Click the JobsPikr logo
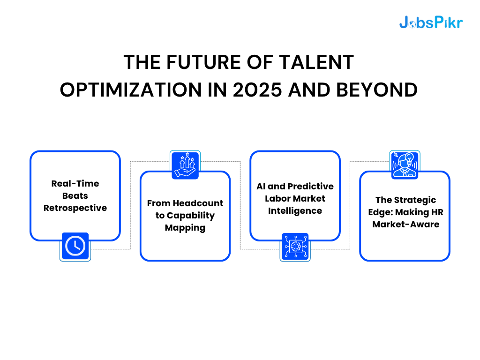click(430, 22)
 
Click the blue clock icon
click(75, 246)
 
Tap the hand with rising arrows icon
click(185, 165)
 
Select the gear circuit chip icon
click(295, 247)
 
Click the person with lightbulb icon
click(405, 165)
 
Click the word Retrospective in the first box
click(75, 208)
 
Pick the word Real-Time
click(75, 183)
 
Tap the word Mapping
click(185, 228)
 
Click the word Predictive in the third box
click(310, 187)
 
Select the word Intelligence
click(295, 211)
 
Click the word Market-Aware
click(405, 225)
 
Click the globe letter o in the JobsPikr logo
click(412, 23)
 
